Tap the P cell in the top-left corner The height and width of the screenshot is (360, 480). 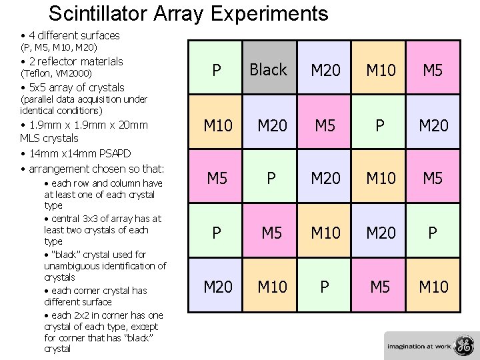(217, 69)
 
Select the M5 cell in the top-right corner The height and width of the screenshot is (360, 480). (433, 69)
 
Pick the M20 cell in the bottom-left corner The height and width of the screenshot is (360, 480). (217, 287)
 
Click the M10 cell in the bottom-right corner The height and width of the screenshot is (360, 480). (433, 287)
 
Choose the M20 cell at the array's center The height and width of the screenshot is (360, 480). (325, 178)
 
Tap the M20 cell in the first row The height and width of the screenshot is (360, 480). (325, 69)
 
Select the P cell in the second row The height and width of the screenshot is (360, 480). (379, 124)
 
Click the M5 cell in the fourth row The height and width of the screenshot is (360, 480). (271, 233)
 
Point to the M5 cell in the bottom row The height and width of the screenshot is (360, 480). (379, 287)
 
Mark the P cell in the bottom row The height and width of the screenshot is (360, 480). (325, 287)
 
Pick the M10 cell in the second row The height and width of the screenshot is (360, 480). (217, 124)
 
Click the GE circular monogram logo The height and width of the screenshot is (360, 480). (462, 345)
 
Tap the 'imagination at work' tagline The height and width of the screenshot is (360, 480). (418, 346)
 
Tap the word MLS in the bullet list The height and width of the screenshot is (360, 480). (32, 139)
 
